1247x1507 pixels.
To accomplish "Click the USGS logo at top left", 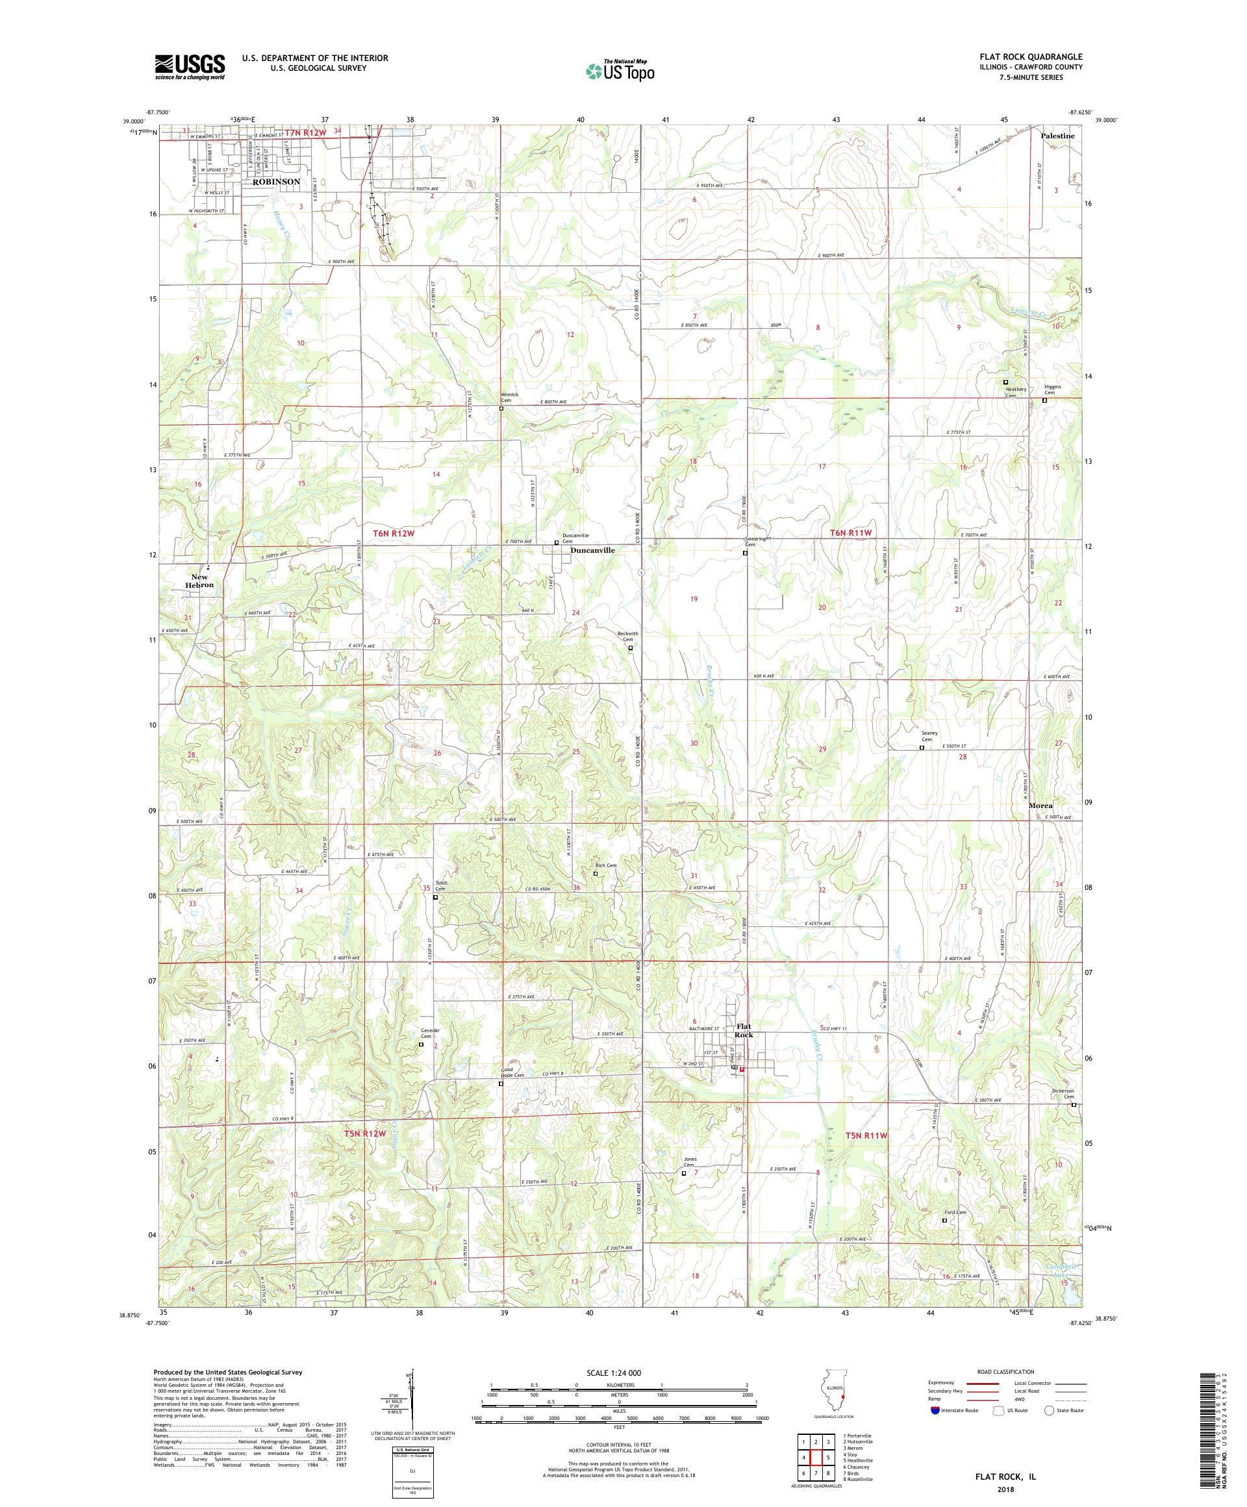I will (190, 67).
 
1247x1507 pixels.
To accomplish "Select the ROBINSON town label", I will (275, 182).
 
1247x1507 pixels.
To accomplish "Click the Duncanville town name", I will (592, 550).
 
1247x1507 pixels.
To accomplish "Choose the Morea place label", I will (1040, 805).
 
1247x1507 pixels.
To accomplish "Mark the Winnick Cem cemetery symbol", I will (501, 409).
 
